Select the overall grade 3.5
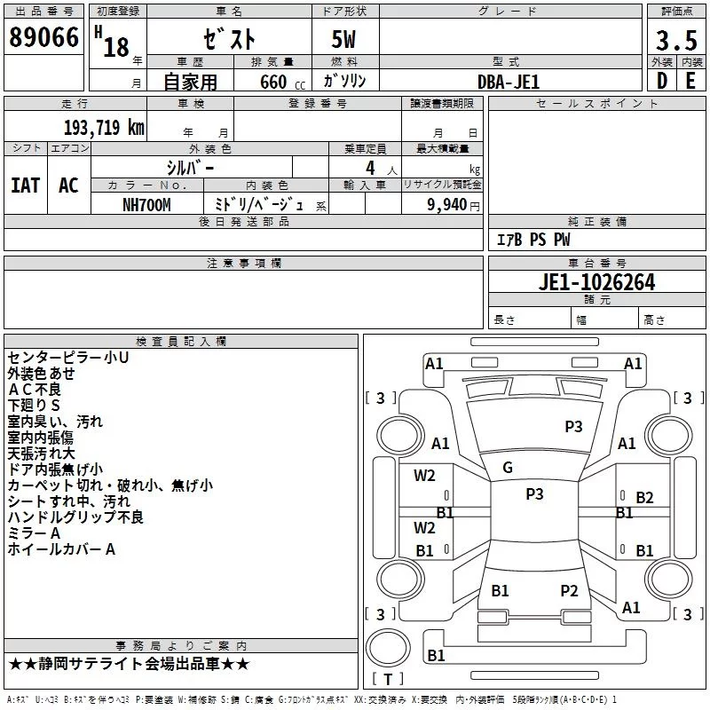[x=674, y=40]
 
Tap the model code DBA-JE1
[x=508, y=81]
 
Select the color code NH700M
[x=146, y=204]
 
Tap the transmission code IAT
[x=25, y=185]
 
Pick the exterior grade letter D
[x=661, y=81]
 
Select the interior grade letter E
[x=690, y=81]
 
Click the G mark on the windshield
[x=508, y=468]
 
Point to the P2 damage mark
[x=569, y=590]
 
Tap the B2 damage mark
[x=644, y=498]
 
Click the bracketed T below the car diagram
[x=387, y=680]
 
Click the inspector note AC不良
[x=35, y=390]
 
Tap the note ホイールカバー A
[x=61, y=549]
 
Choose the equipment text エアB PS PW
[x=532, y=240]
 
